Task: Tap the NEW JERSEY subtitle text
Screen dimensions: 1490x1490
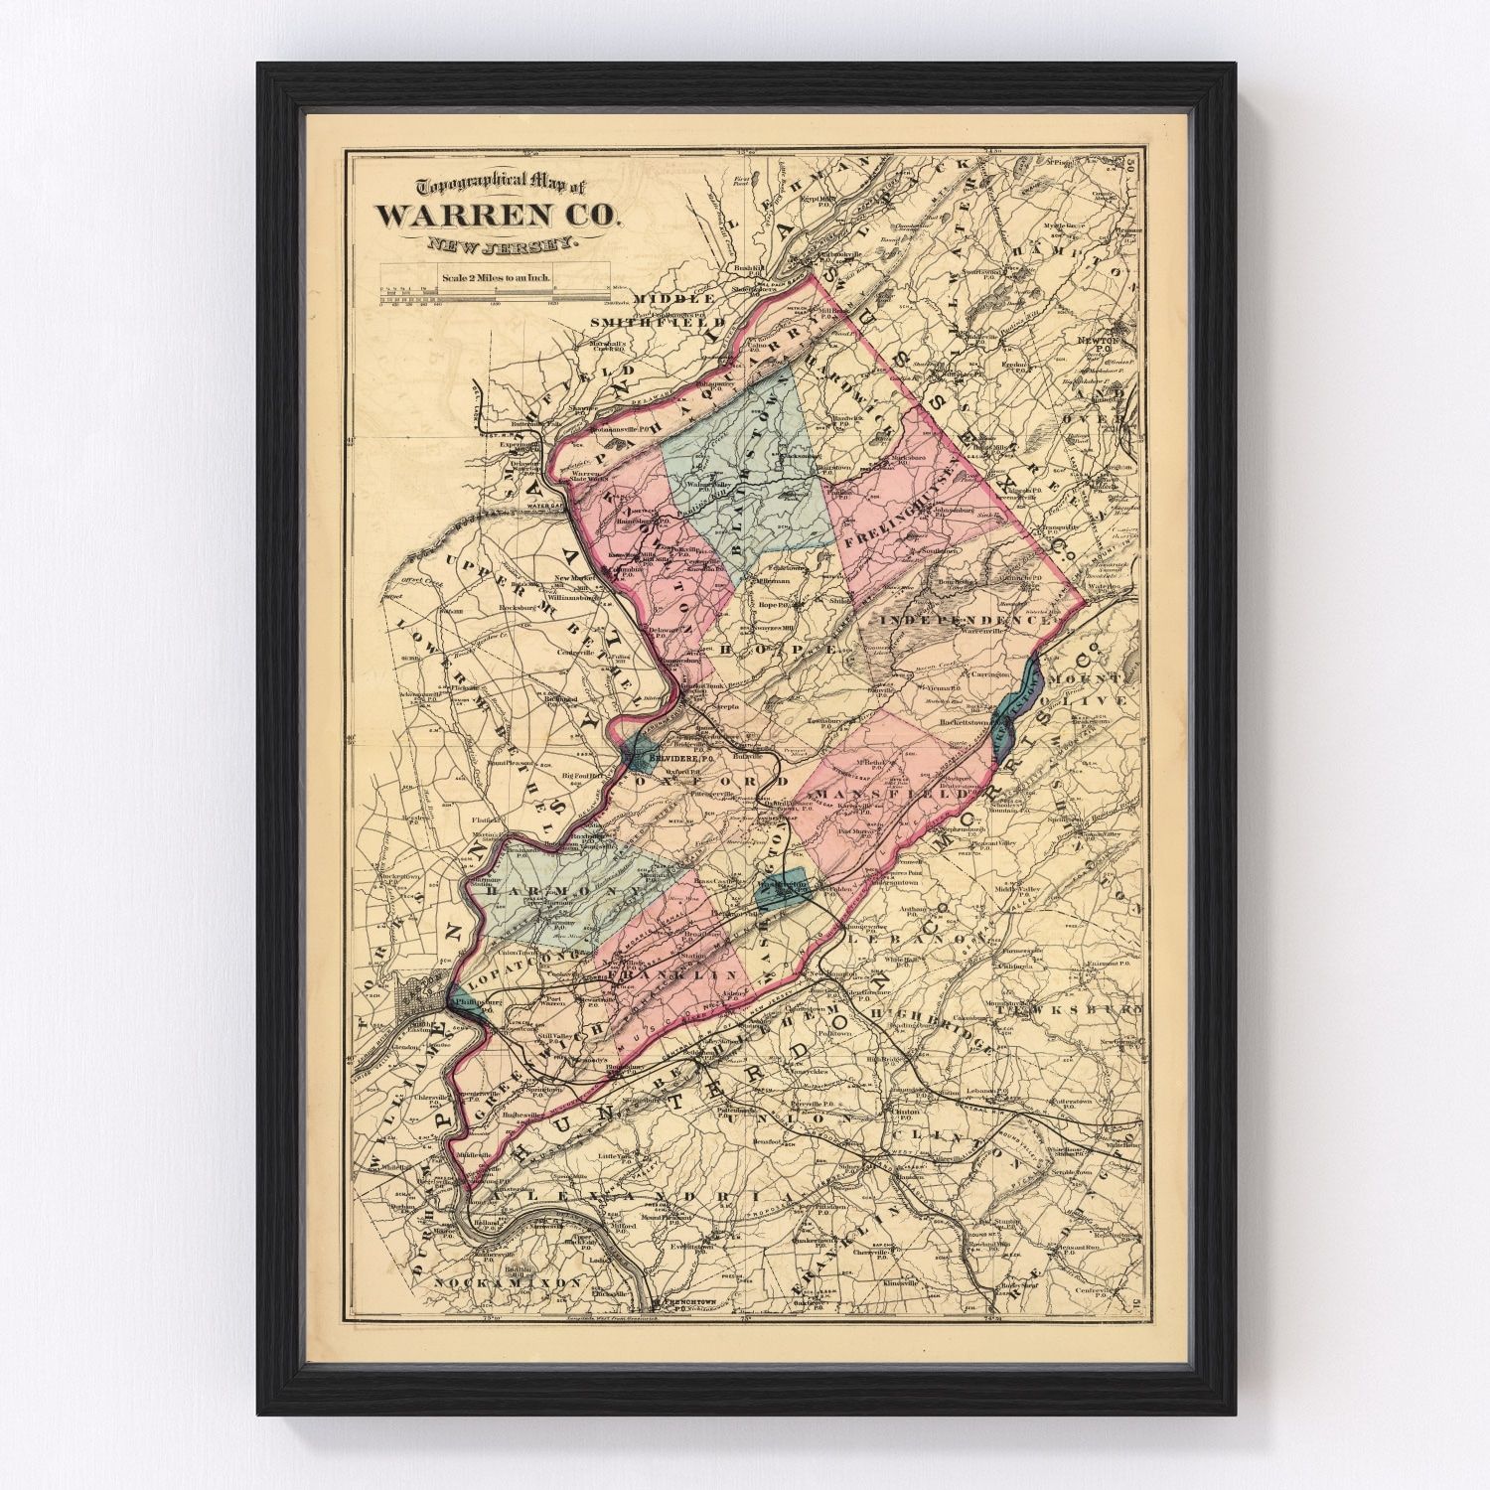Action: point(494,244)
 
